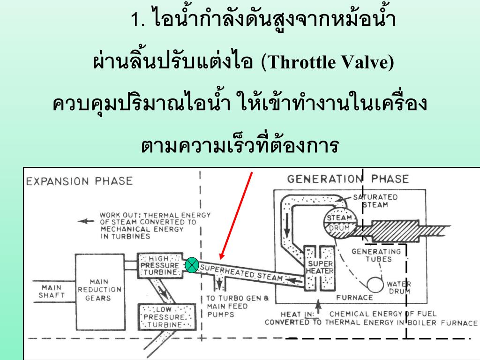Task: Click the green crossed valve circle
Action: pos(192,265)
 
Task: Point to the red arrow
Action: pos(236,216)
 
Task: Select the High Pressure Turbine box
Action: pos(160,265)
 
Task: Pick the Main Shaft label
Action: pos(52,292)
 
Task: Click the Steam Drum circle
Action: pos(339,223)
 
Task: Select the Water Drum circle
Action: pos(375,285)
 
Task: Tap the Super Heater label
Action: pos(320,267)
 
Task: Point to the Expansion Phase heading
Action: pos(80,181)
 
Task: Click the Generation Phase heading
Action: pos(348,179)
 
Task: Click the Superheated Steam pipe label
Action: pos(241,272)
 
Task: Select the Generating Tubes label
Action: pos(376,255)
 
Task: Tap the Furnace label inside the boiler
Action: pos(354,298)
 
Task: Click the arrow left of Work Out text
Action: pos(86,221)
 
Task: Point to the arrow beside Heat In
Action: pos(318,307)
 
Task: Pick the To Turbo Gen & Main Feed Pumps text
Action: pos(237,306)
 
